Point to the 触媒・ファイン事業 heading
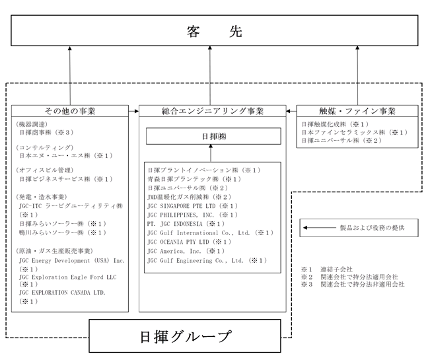(358, 110)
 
